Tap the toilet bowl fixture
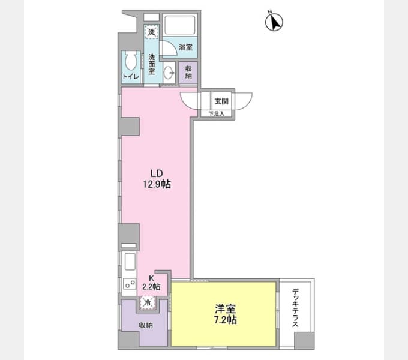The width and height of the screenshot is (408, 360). click(x=131, y=60)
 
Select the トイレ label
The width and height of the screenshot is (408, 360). click(x=131, y=76)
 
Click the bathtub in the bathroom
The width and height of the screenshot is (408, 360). click(x=180, y=25)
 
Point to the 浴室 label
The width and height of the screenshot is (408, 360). click(x=185, y=47)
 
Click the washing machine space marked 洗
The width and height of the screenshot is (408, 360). click(x=151, y=32)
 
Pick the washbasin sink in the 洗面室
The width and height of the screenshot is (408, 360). click(x=169, y=72)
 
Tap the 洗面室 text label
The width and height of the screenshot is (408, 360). click(x=152, y=64)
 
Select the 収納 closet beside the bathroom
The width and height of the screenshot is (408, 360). click(x=188, y=73)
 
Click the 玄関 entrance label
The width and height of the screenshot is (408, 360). click(x=221, y=101)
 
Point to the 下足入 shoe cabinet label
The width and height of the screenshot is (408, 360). click(x=216, y=113)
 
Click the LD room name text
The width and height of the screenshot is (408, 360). click(x=157, y=173)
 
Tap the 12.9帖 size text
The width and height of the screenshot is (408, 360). click(x=157, y=184)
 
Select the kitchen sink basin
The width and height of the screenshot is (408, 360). click(x=130, y=262)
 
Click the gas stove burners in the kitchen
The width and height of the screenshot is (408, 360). click(x=130, y=284)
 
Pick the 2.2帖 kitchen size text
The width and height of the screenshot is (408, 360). click(x=151, y=286)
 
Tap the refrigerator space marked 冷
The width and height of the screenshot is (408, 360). click(x=147, y=303)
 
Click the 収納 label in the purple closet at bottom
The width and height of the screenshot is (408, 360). click(x=146, y=325)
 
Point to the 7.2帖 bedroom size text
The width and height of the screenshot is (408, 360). click(x=226, y=319)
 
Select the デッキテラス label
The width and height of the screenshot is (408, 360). click(x=295, y=308)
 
